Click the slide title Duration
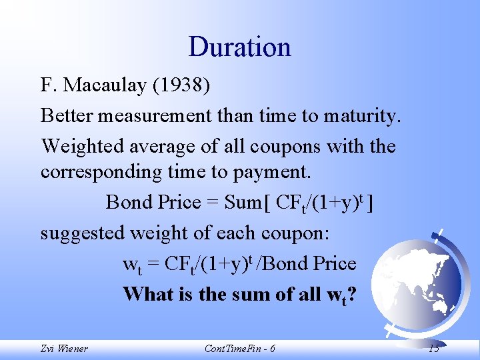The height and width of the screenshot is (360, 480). [239, 47]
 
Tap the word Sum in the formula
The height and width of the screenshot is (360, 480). [244, 202]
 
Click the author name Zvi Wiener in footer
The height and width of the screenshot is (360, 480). [64, 349]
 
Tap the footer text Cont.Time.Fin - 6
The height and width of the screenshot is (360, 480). [239, 349]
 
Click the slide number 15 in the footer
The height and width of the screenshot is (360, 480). [433, 349]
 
